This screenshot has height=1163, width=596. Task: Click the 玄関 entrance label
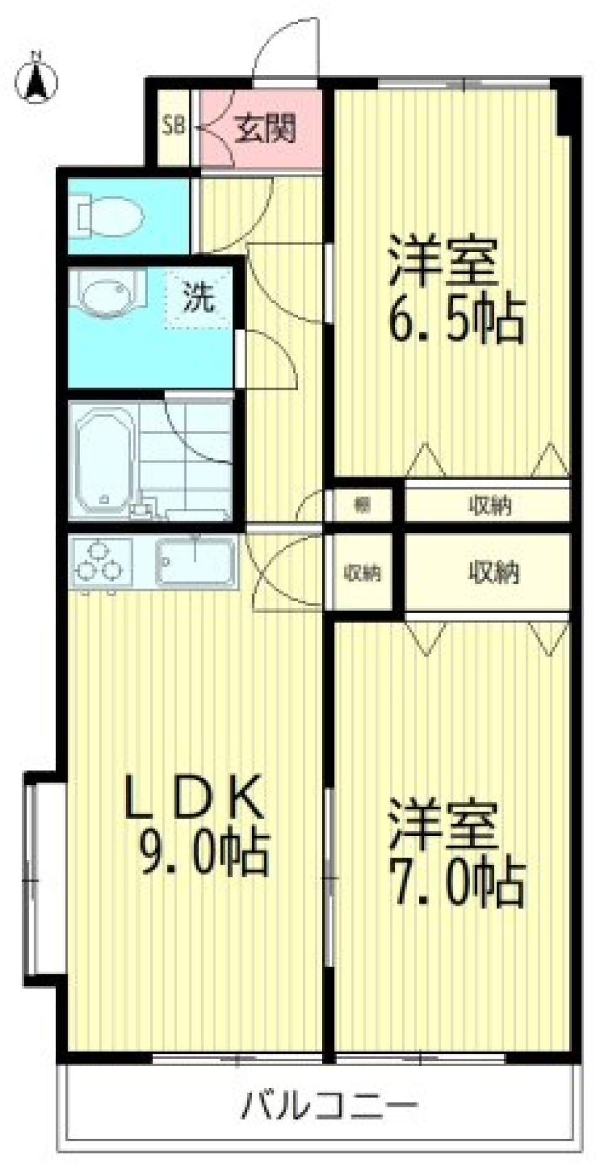click(x=266, y=129)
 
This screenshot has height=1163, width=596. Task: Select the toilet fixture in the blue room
click(x=109, y=217)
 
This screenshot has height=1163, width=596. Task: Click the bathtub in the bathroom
click(x=104, y=457)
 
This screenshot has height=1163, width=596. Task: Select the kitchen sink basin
click(x=196, y=561)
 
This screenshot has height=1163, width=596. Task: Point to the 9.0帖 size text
click(x=205, y=853)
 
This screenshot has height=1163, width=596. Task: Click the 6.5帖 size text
click(x=457, y=320)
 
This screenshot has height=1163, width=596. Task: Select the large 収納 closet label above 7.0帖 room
click(x=494, y=572)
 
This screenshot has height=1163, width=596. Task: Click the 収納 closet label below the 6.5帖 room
click(x=490, y=506)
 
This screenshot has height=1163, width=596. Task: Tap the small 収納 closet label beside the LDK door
click(x=363, y=573)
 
